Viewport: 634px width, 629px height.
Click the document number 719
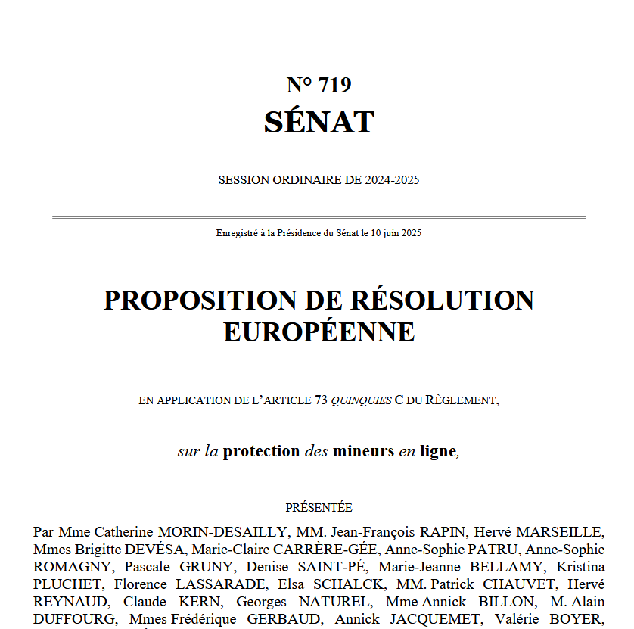pyautogui.click(x=335, y=85)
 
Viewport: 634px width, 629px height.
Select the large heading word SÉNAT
pyautogui.click(x=319, y=122)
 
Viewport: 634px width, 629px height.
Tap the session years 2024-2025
pyautogui.click(x=392, y=180)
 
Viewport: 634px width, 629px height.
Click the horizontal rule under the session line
pyautogui.click(x=319, y=217)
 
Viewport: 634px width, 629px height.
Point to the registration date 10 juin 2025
pyautogui.click(x=396, y=233)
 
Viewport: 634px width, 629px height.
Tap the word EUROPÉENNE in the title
pyautogui.click(x=319, y=332)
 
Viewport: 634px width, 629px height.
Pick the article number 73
pyautogui.click(x=320, y=400)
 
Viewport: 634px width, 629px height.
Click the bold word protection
pyautogui.click(x=261, y=451)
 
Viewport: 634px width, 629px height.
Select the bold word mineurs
pyautogui.click(x=363, y=451)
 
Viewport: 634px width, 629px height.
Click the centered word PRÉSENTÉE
pyautogui.click(x=319, y=508)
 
